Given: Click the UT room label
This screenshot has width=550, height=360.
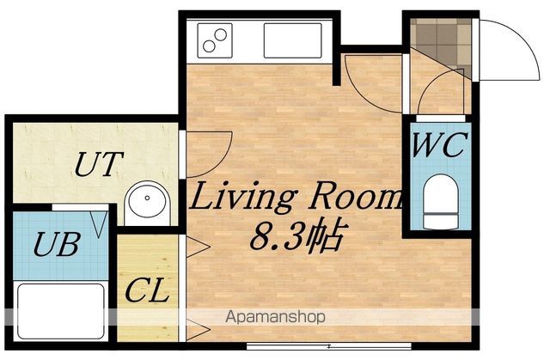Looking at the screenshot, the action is pyautogui.click(x=100, y=164).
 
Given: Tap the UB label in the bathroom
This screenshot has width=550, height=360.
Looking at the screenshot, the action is pyautogui.click(x=56, y=244).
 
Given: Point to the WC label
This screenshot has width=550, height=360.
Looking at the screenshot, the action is pyautogui.click(x=440, y=145).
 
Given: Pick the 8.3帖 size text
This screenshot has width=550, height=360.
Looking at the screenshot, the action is pyautogui.click(x=296, y=236).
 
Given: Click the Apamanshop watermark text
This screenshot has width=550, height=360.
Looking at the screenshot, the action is pyautogui.click(x=275, y=317).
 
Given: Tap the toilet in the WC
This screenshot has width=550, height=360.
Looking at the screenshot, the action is pyautogui.click(x=441, y=202).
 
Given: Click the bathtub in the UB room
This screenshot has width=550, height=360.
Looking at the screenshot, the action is pyautogui.click(x=61, y=312).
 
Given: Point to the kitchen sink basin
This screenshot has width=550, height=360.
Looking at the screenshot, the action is pyautogui.click(x=292, y=40).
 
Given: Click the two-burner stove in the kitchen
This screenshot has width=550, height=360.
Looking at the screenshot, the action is pyautogui.click(x=215, y=40).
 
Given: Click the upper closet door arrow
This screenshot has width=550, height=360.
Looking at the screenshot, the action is pyautogui.click(x=199, y=247).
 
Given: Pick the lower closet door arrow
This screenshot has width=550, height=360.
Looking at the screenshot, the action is pyautogui.click(x=199, y=330).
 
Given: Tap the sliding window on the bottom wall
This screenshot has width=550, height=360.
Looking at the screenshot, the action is pyautogui.click(x=328, y=346).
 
